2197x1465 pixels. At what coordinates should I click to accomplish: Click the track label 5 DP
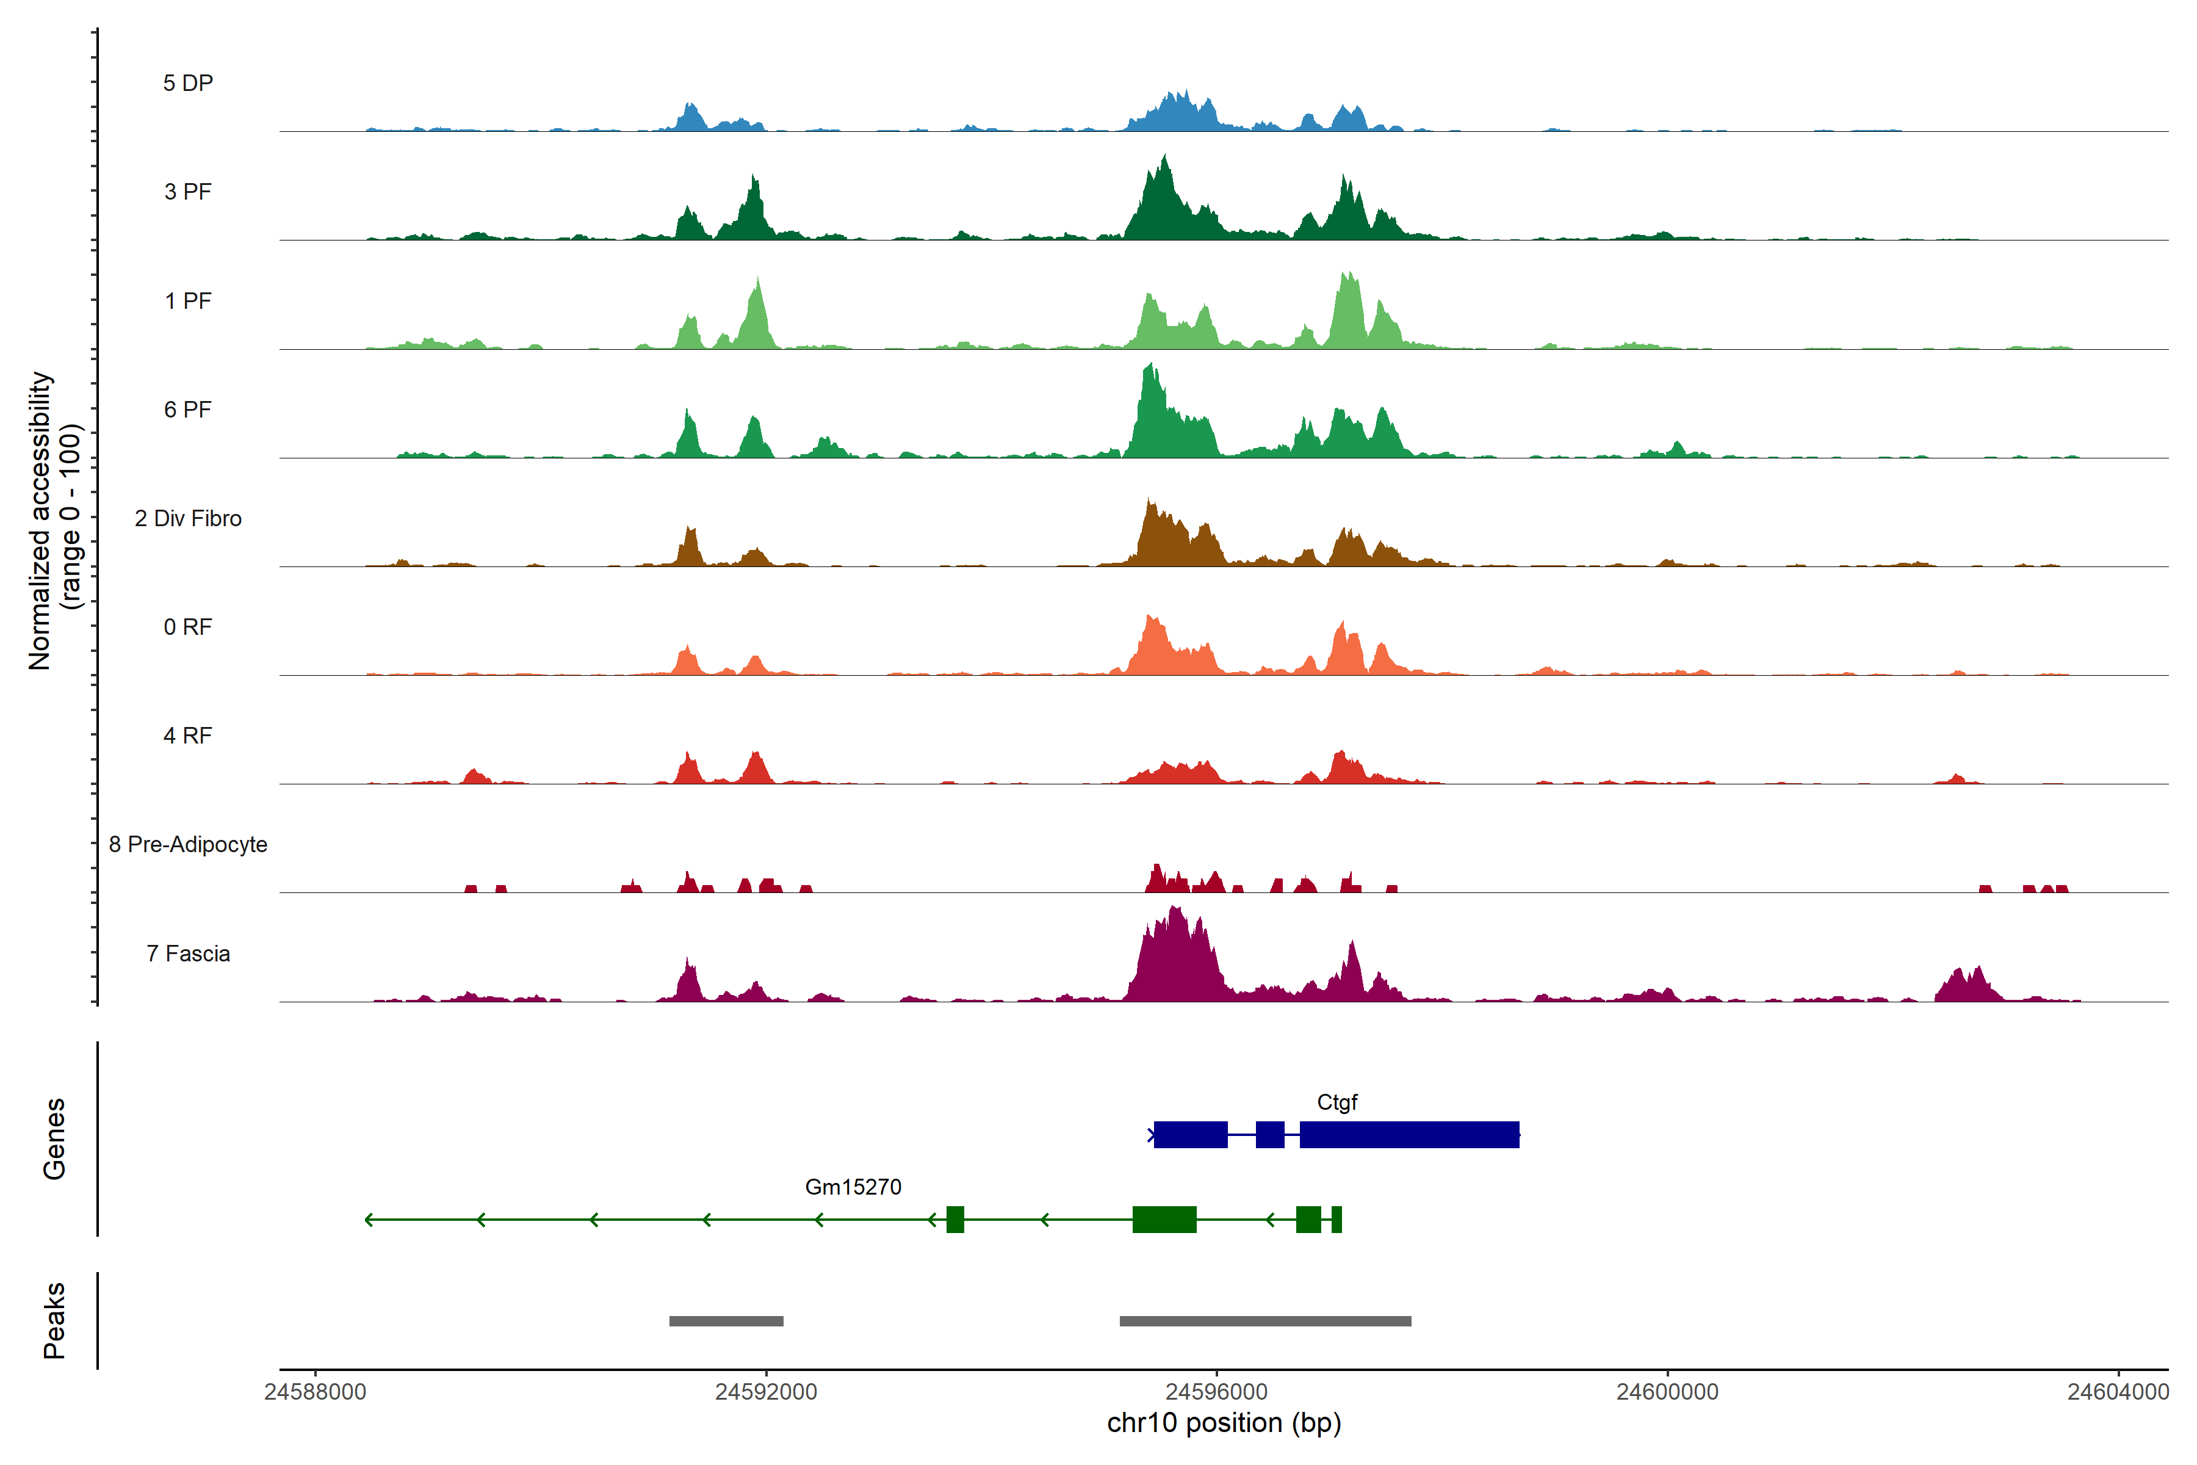188,83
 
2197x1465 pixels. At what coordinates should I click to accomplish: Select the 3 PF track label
188,192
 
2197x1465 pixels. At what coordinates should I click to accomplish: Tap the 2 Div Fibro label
188,518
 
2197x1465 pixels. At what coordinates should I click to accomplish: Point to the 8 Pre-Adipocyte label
188,845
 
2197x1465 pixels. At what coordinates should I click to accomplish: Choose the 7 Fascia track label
188,954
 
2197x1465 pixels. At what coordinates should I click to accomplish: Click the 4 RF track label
188,736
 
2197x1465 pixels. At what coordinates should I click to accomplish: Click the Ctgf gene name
1337,1102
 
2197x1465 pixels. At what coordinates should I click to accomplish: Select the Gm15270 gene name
853,1187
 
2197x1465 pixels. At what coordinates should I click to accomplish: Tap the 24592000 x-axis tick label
766,1392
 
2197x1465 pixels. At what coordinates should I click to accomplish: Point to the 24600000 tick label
1667,1392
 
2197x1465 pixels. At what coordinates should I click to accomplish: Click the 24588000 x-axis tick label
315,1392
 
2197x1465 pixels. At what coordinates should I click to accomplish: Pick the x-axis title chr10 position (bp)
1224,1423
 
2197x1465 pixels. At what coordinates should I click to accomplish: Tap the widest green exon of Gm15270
1164,1219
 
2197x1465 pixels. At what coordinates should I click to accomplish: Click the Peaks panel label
54,1320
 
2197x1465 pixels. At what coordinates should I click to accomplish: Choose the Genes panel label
54,1139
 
